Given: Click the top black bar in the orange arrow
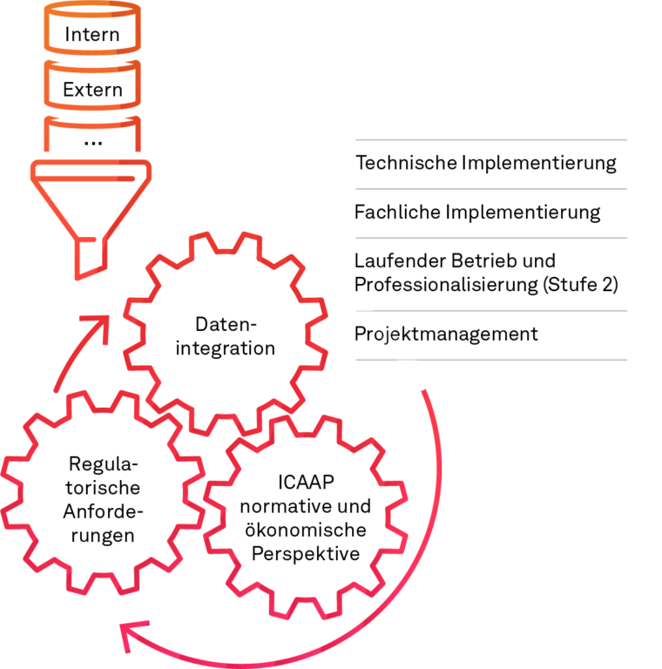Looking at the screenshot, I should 101,34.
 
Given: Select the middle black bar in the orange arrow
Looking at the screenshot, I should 99,90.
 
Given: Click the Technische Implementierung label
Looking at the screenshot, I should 486,165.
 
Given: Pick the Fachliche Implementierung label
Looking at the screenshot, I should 478,213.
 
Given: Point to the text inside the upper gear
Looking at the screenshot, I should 226,340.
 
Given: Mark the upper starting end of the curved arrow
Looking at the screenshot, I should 422,391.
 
